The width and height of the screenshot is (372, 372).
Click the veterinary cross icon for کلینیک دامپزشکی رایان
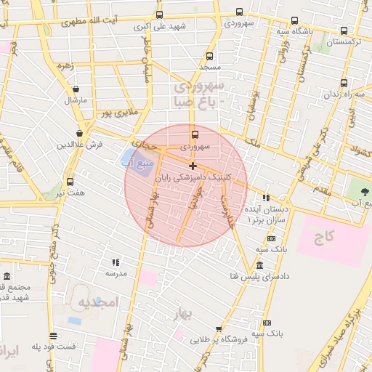193,166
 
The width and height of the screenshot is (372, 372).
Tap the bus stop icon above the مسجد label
210,56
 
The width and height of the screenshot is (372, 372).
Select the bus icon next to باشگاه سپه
294,21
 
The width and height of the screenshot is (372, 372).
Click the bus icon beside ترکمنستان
344,31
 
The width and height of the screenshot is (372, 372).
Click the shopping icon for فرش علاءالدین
79,133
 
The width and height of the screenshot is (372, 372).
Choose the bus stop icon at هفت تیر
70,182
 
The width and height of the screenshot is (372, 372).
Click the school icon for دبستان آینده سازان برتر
266,197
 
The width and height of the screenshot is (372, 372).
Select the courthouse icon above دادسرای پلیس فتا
259,265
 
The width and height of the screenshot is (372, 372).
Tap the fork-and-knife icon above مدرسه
115,262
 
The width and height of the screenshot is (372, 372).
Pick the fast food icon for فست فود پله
53,336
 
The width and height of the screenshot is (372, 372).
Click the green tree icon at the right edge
361,191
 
